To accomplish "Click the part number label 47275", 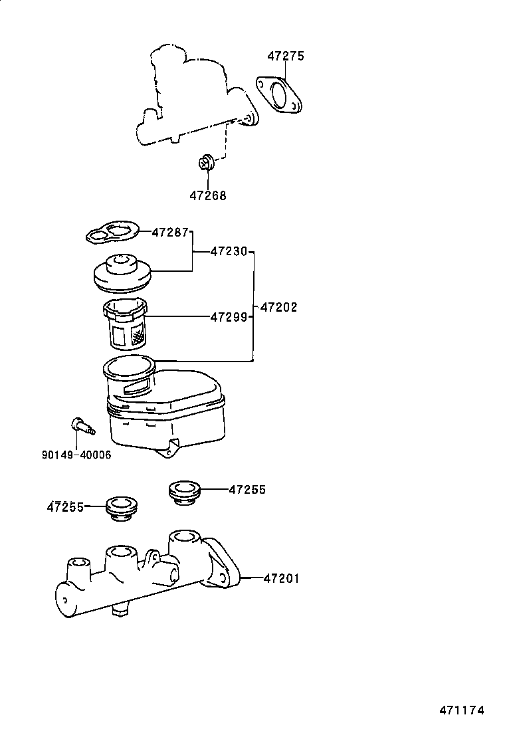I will [286, 56].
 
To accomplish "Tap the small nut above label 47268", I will [207, 161].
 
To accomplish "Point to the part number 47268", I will [207, 195].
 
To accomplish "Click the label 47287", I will [170, 232].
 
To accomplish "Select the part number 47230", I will [229, 251].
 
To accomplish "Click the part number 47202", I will [278, 308].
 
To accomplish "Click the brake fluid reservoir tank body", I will [166, 412].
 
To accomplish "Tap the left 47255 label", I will [65, 507].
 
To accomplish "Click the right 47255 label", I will [247, 490].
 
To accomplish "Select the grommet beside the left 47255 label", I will [121, 508].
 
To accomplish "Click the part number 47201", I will [281, 579].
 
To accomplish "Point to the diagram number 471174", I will [461, 710].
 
